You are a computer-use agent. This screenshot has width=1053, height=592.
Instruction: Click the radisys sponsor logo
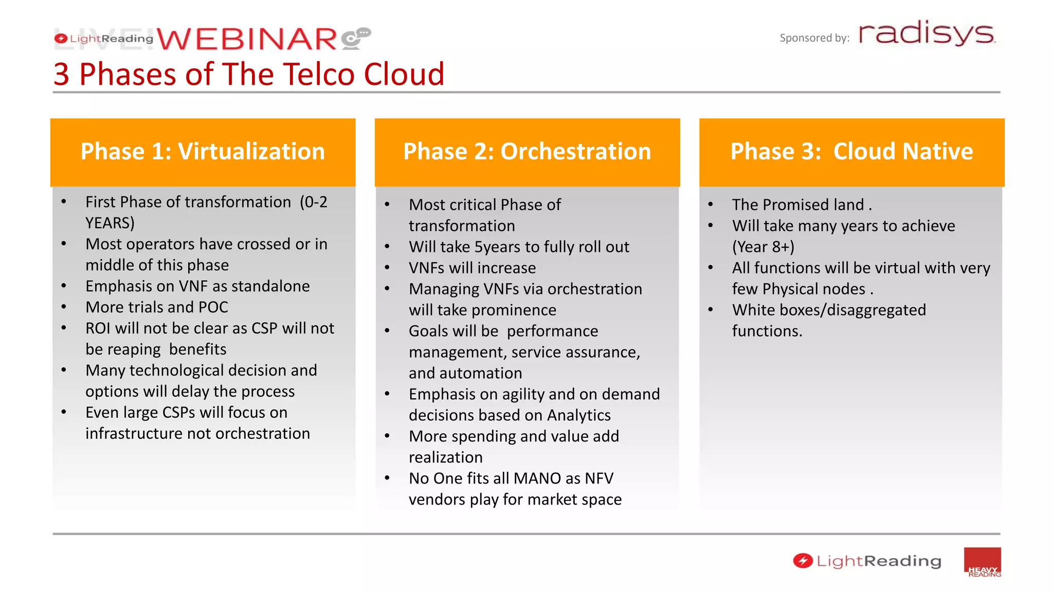click(x=927, y=33)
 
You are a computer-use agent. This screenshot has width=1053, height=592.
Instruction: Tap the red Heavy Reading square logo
click(x=982, y=562)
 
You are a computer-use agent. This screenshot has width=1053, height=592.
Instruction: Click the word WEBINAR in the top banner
click(x=247, y=39)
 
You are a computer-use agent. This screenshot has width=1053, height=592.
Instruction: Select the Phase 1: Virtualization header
click(x=203, y=152)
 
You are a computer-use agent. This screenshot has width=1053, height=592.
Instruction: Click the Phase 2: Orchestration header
click(x=527, y=152)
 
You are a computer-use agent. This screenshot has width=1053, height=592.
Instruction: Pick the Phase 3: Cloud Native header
click(x=851, y=152)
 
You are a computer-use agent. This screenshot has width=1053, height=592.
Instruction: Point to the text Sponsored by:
click(x=814, y=38)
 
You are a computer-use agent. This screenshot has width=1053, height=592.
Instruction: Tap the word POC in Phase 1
click(x=213, y=307)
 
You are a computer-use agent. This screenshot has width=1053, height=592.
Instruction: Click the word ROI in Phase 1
click(x=98, y=328)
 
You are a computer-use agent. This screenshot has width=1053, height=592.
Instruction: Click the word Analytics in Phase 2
click(x=578, y=415)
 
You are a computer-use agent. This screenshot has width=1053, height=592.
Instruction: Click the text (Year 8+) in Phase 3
click(x=763, y=247)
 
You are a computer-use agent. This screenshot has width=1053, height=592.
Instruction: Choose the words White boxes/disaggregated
click(x=829, y=310)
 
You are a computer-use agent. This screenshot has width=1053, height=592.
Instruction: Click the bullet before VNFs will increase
click(x=387, y=268)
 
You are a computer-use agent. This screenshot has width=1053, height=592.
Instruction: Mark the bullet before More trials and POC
click(x=64, y=307)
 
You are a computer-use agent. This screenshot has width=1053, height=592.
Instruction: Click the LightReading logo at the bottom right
click(x=867, y=561)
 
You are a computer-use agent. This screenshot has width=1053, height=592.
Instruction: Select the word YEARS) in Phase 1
click(x=110, y=223)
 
